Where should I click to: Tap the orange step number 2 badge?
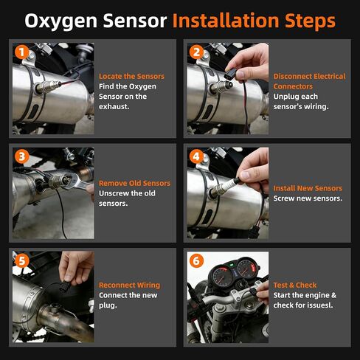point(196,52)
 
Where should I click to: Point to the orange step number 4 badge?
point(196,157)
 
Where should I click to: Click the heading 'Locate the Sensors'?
point(131,76)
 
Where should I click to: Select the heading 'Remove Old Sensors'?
point(134,183)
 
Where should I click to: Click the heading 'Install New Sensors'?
point(308,188)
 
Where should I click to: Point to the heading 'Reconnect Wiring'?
point(129,285)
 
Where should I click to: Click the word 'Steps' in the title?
point(310,20)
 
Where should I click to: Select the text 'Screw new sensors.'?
point(308,198)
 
